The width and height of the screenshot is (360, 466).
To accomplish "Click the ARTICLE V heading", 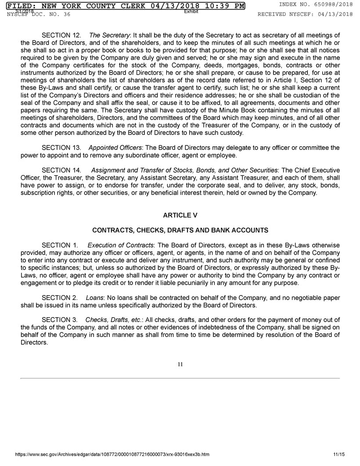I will [x=180, y=215].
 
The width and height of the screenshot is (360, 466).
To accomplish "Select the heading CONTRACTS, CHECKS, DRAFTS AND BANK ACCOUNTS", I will [x=180, y=230].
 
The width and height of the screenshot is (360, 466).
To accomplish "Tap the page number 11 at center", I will [x=180, y=364].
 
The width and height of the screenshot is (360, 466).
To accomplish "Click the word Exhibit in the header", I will [x=191, y=11].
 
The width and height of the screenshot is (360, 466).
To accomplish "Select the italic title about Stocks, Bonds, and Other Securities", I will [x=184, y=170].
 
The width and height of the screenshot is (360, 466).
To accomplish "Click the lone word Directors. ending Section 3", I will [x=34, y=342].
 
